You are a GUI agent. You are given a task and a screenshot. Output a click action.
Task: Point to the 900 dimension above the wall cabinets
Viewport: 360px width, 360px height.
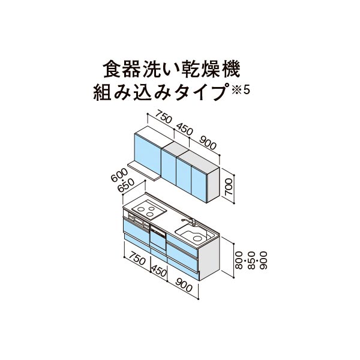208,143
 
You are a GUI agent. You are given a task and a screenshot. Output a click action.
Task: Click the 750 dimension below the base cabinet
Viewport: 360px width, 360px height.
137,257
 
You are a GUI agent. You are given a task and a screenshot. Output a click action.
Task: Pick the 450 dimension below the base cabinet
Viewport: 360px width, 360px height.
158,271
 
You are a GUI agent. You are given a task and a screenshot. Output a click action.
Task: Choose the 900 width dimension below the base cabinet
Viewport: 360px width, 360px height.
184,285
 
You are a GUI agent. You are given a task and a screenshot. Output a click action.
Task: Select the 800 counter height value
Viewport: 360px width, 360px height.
239,260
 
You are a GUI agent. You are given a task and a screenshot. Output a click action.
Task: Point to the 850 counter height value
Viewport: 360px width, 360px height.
251,260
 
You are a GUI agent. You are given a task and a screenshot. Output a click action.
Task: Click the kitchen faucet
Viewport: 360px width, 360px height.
189,222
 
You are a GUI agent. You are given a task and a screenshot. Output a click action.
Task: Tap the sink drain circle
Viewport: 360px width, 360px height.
197,238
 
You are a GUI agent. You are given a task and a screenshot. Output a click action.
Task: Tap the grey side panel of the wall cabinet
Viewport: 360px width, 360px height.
213,185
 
